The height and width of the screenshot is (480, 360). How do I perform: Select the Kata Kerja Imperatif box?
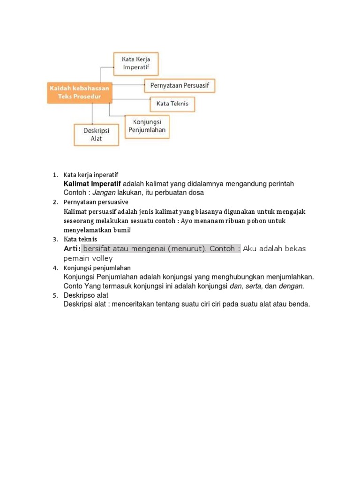click(136, 64)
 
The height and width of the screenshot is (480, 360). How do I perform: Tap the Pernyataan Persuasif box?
click(179, 86)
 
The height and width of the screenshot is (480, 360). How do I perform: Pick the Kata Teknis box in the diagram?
click(172, 104)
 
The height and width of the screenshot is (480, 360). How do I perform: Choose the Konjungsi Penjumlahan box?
click(147, 126)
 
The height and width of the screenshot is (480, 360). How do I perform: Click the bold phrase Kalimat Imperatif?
click(92, 184)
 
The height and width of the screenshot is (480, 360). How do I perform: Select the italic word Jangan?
click(104, 193)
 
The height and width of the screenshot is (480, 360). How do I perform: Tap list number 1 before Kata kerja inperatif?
click(54, 175)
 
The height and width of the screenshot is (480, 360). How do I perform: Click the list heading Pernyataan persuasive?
click(96, 202)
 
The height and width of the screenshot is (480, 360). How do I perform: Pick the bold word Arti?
click(72, 248)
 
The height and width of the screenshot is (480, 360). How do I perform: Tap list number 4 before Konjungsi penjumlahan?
click(54, 268)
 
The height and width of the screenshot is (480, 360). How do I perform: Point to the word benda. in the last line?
click(299, 304)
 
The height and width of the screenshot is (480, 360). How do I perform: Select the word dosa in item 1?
click(196, 193)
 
